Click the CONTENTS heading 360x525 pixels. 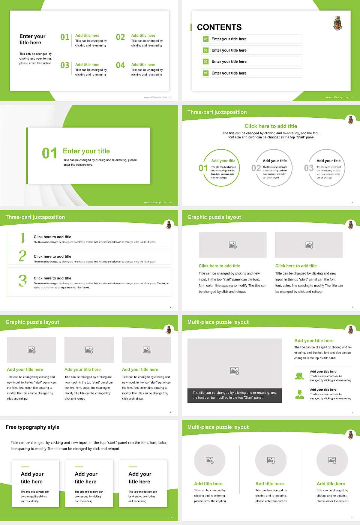[x=219, y=27]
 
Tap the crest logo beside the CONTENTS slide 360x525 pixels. [x=338, y=23]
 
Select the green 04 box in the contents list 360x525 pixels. [x=205, y=73]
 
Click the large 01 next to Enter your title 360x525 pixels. [x=49, y=153]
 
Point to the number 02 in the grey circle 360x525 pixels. [x=256, y=168]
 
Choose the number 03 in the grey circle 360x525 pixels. [x=309, y=168]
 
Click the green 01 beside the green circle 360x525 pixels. [x=203, y=168]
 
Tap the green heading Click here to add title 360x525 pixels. [x=271, y=126]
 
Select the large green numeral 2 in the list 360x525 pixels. [x=22, y=256]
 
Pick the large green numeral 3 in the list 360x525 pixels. [x=22, y=280]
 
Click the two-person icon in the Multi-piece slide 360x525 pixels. [x=299, y=376]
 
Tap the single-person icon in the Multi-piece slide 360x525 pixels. [x=299, y=394]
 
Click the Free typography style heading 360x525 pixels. [x=33, y=427]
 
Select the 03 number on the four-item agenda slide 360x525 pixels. [x=65, y=65]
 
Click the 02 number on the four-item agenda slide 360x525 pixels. [x=120, y=37]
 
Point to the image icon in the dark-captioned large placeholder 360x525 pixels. [x=235, y=371]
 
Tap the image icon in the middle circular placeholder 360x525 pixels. [x=271, y=460]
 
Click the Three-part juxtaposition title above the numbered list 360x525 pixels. [x=35, y=217]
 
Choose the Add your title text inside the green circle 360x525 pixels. [x=223, y=161]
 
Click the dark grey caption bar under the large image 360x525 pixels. [x=234, y=395]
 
